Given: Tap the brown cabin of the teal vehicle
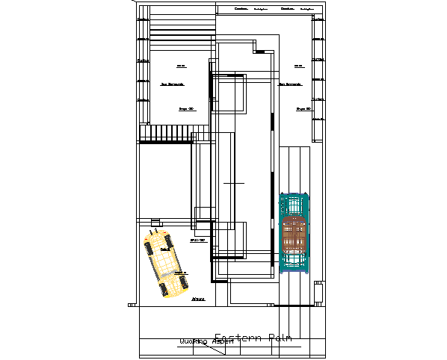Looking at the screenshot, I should tap(295, 239).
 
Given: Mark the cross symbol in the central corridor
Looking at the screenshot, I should tap(234, 182).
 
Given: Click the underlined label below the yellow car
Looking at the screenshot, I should tap(198, 299).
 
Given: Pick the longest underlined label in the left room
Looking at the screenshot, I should tap(172, 84).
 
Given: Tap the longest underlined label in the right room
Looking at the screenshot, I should tap(291, 84).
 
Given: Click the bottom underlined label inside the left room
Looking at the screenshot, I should tap(187, 109).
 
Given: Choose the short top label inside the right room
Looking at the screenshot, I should tap(298, 66).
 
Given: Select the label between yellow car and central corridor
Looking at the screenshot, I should tap(198, 240).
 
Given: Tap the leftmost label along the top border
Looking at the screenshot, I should tap(241, 9).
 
